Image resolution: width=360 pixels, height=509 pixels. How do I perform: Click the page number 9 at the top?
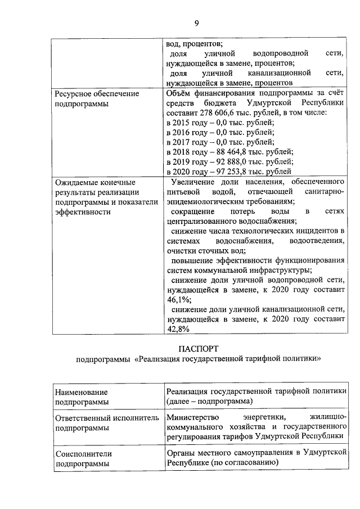click(196, 23)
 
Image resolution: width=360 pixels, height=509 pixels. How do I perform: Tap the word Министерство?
click(193, 417)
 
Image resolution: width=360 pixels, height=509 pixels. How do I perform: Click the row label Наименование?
click(81, 391)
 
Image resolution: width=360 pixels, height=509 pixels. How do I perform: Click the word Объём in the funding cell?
click(182, 93)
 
